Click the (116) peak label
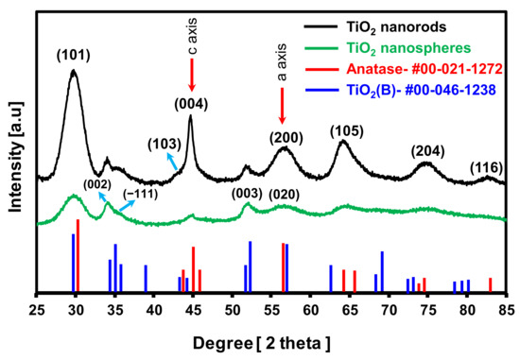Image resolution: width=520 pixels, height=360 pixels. tap(487, 167)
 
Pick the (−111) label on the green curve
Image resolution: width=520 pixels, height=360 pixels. tap(139, 194)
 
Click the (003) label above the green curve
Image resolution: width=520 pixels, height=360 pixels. tap(247, 193)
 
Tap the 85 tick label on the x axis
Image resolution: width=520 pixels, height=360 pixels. tap(506, 310)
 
